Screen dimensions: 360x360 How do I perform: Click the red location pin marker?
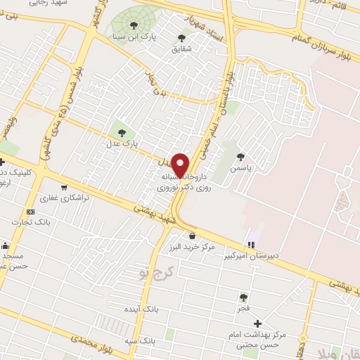coord(181,165)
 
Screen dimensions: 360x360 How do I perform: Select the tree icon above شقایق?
coord(181,38)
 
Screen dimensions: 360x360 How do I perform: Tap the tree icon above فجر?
coord(243,297)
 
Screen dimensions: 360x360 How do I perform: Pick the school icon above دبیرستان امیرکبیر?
coord(251,244)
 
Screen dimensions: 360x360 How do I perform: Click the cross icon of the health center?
coord(258,323)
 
